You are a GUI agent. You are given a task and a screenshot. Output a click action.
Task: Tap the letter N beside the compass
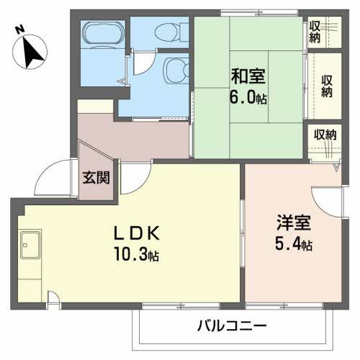pos(19,30)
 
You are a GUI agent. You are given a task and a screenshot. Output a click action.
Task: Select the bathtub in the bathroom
pos(104,34)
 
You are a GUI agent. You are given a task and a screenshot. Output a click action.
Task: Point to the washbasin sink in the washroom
pos(173,71)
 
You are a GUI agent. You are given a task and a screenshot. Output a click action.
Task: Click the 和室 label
pos(247,73)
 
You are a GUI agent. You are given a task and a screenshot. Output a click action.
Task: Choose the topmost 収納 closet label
pos(315,31)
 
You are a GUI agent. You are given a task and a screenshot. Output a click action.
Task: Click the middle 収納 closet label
pos(327,86)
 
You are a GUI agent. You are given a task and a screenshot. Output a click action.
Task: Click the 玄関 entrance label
pos(95,177)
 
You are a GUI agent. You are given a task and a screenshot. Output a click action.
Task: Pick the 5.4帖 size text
pos(293,245)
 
